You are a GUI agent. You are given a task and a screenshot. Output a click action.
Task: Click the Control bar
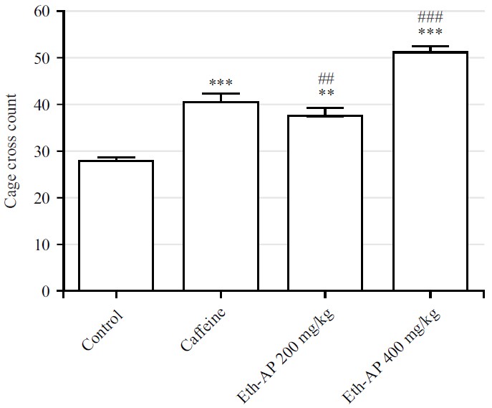115,226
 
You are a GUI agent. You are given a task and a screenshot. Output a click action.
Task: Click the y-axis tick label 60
44,11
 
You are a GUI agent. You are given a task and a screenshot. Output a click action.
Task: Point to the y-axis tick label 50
44,58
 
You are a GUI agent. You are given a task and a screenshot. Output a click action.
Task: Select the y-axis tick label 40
44,105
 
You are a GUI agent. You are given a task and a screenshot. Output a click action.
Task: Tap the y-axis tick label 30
44,151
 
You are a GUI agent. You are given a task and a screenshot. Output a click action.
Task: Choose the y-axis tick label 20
44,198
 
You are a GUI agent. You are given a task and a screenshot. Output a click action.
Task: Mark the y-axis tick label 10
44,245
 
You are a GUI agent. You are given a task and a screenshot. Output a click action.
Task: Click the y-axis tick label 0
47,291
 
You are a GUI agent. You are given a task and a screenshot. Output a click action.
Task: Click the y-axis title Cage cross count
11,151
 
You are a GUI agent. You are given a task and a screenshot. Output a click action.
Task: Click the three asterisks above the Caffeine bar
220,84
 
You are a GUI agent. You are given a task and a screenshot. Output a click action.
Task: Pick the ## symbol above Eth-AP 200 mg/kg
326,78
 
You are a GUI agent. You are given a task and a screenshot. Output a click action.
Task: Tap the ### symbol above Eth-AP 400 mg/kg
430,17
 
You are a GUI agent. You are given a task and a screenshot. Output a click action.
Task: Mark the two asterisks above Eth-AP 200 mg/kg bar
326,93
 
